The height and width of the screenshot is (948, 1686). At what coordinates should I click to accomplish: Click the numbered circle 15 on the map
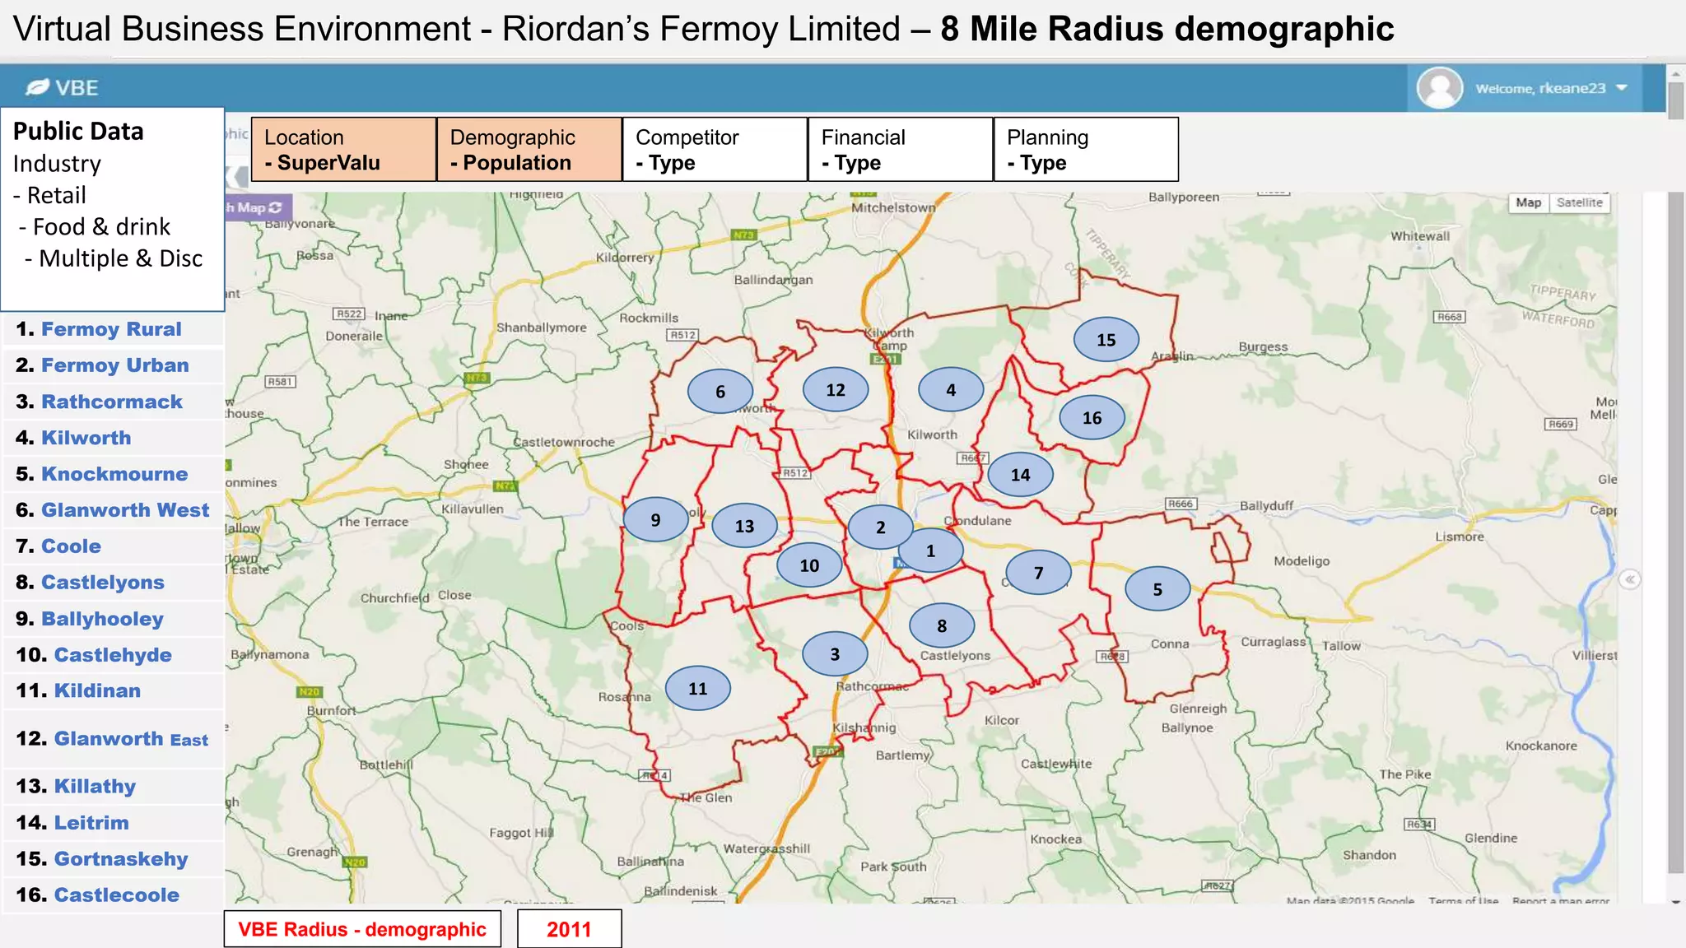pyautogui.click(x=1106, y=340)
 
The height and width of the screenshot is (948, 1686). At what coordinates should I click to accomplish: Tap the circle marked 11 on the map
pyautogui.click(x=697, y=689)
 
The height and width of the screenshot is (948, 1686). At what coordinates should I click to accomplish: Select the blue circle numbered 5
pyautogui.click(x=1157, y=589)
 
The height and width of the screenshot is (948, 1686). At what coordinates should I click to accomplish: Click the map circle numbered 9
pyautogui.click(x=655, y=520)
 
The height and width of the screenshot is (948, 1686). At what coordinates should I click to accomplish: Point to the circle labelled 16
pyautogui.click(x=1092, y=418)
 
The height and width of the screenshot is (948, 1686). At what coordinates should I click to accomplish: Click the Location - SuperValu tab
pyautogui.click(x=343, y=149)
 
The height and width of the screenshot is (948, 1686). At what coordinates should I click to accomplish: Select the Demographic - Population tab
pyautogui.click(x=529, y=149)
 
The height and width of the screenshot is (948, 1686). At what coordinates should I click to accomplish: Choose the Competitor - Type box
pyautogui.click(x=715, y=149)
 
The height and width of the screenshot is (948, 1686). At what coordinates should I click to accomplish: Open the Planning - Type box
pyautogui.click(x=1086, y=149)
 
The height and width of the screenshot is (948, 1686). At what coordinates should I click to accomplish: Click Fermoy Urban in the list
pyautogui.click(x=114, y=365)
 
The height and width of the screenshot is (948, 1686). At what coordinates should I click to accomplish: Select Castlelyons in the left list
pyautogui.click(x=102, y=583)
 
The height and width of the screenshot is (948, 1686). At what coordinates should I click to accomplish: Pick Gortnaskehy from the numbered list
pyautogui.click(x=120, y=859)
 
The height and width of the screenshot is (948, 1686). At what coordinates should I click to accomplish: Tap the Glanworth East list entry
pyautogui.click(x=130, y=739)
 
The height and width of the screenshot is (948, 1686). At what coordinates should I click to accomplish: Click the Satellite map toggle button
pyautogui.click(x=1579, y=202)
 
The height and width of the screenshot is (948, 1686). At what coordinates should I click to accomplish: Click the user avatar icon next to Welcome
pyautogui.click(x=1439, y=88)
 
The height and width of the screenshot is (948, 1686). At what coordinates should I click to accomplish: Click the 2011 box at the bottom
pyautogui.click(x=569, y=929)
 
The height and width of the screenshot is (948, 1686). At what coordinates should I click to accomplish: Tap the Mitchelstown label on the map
pyautogui.click(x=893, y=207)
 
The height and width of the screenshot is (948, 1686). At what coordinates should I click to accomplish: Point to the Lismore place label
pyautogui.click(x=1459, y=537)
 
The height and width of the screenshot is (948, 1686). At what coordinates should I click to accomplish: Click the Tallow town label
pyautogui.click(x=1341, y=646)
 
